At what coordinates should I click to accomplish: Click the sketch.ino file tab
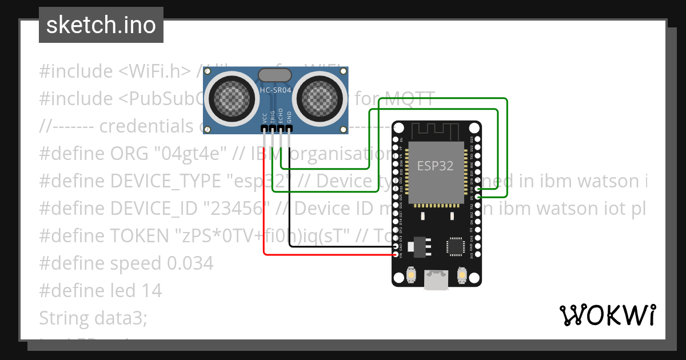(101, 25)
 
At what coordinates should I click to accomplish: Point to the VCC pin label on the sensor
(264, 118)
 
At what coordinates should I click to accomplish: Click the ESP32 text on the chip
(435, 166)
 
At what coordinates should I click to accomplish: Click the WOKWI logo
(607, 315)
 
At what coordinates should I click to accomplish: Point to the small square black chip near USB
(455, 246)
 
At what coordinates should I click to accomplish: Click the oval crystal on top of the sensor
(277, 75)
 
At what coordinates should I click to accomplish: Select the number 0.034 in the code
(190, 263)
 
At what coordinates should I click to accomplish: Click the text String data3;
(93, 318)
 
